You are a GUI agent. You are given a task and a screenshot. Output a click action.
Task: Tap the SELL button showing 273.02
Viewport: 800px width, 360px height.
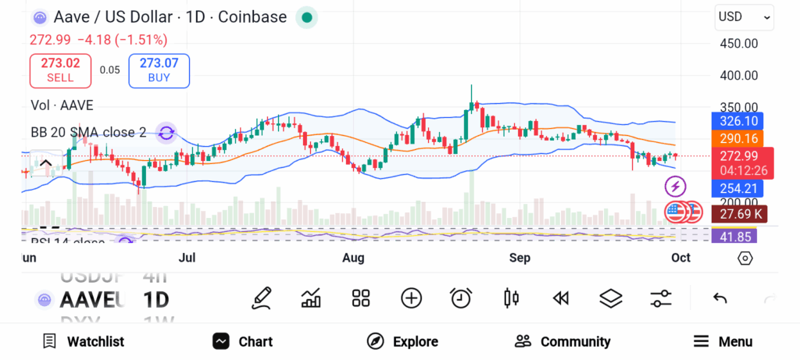(60, 70)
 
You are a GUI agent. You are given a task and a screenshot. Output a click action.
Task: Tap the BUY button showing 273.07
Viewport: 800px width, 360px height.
(159, 70)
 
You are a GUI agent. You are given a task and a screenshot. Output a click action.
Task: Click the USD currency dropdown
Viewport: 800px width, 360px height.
(745, 17)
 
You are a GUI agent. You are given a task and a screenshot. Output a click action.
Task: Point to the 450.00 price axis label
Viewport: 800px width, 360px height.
(738, 44)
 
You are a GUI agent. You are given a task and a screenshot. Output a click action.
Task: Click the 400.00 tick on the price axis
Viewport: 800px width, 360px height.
(738, 76)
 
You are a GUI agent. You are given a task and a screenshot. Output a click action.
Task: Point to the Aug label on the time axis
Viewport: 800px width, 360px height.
(354, 258)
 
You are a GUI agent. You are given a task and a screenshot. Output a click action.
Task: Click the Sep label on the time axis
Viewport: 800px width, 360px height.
(520, 258)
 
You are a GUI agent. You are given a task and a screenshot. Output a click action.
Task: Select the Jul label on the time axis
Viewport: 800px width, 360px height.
(187, 258)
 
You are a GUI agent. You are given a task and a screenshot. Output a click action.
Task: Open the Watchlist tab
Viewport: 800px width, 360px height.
(83, 341)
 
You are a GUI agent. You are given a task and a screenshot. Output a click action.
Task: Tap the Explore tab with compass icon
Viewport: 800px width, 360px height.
(402, 341)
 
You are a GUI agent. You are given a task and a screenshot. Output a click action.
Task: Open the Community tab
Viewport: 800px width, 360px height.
(562, 341)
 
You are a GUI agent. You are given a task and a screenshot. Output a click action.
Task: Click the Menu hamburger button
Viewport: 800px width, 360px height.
(723, 341)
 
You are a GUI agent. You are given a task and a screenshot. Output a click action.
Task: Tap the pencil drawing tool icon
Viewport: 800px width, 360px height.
(262, 298)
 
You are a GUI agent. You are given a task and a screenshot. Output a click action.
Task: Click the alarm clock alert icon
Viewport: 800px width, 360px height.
(461, 298)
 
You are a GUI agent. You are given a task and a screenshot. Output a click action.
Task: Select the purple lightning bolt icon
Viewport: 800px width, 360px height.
(675, 187)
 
